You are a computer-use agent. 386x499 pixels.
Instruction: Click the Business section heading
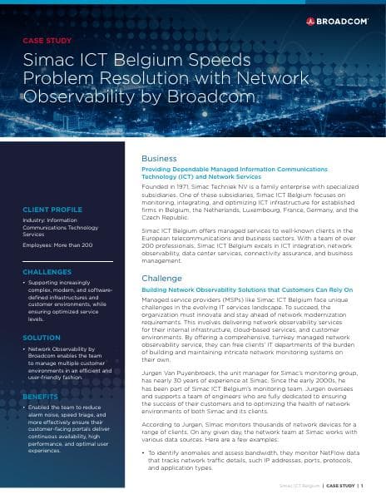[x=159, y=158]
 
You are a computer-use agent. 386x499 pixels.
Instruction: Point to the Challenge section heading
[x=162, y=278]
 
